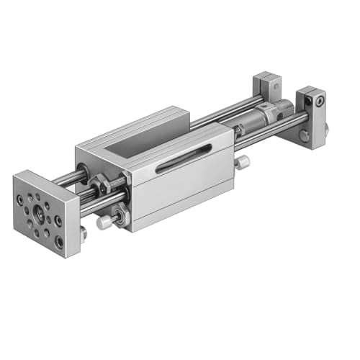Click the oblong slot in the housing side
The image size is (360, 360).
pos(184,158)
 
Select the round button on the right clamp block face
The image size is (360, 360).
pos(305,135)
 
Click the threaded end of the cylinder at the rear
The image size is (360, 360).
pos(286,113)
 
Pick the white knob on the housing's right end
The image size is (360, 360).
pos(243,163)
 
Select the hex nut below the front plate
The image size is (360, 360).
pos(84,232)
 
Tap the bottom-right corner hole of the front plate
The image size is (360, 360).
pos(58,243)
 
